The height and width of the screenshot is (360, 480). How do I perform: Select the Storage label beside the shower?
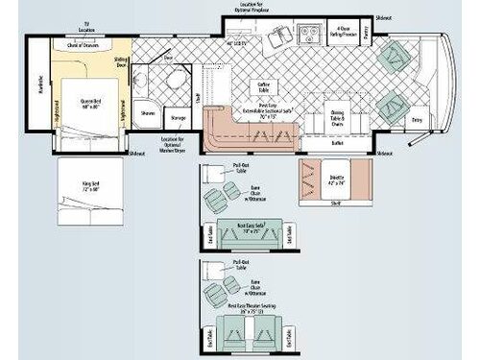pyautogui.click(x=178, y=117)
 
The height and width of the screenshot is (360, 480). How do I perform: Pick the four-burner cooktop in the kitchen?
pyautogui.click(x=311, y=38)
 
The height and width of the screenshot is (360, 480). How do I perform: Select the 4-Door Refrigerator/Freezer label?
pyautogui.click(x=343, y=30)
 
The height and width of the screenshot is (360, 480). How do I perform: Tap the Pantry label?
pyautogui.click(x=367, y=40)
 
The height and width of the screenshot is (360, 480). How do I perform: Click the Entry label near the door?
pyautogui.click(x=416, y=119)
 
